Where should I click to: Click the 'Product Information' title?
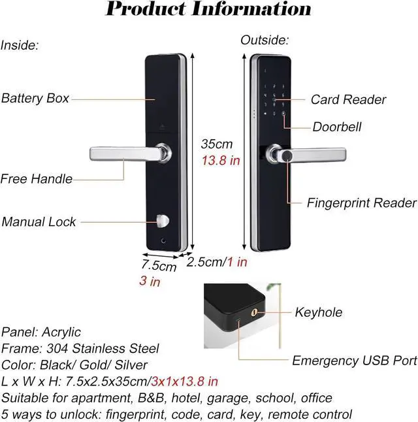pos(208,9)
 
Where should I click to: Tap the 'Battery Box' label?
pos(35,99)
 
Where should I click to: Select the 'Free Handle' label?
pos(37,178)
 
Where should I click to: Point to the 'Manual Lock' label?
pos(39,221)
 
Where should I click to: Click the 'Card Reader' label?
pos(348,100)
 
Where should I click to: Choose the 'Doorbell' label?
pos(337,127)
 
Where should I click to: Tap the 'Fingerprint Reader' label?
pos(361,203)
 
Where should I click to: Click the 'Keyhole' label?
pos(319,312)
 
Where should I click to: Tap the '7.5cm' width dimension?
pos(159,266)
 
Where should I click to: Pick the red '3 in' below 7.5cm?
pos(150,282)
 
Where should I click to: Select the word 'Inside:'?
pos(20,45)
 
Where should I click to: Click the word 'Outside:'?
pos(264,41)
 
